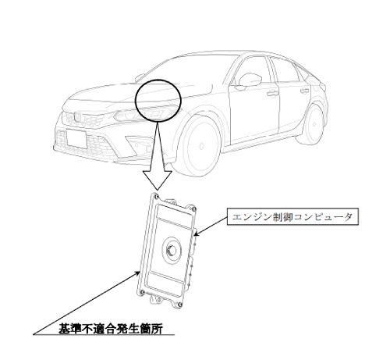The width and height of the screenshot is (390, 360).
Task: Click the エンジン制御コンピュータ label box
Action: click(x=292, y=216)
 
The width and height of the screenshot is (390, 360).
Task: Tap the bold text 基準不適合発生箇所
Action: click(x=111, y=329)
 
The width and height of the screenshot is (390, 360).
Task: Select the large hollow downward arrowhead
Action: click(x=157, y=180)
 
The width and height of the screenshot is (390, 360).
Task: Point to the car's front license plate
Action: click(x=76, y=138)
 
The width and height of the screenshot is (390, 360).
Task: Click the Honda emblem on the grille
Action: click(x=76, y=117)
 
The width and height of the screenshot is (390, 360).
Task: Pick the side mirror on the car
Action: click(x=249, y=80)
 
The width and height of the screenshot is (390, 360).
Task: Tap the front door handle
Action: click(x=272, y=93)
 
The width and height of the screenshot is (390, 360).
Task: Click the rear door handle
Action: click(x=304, y=91)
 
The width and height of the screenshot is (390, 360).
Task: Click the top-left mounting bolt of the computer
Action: click(x=155, y=196)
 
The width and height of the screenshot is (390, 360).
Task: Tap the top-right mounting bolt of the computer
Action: click(x=193, y=208)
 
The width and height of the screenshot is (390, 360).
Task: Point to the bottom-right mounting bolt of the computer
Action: click(x=179, y=305)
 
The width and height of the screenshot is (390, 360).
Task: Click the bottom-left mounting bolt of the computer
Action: click(x=142, y=292)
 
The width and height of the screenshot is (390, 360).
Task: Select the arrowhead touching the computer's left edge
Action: click(x=136, y=273)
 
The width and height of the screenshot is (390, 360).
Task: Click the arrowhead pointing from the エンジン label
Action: click(x=197, y=233)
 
